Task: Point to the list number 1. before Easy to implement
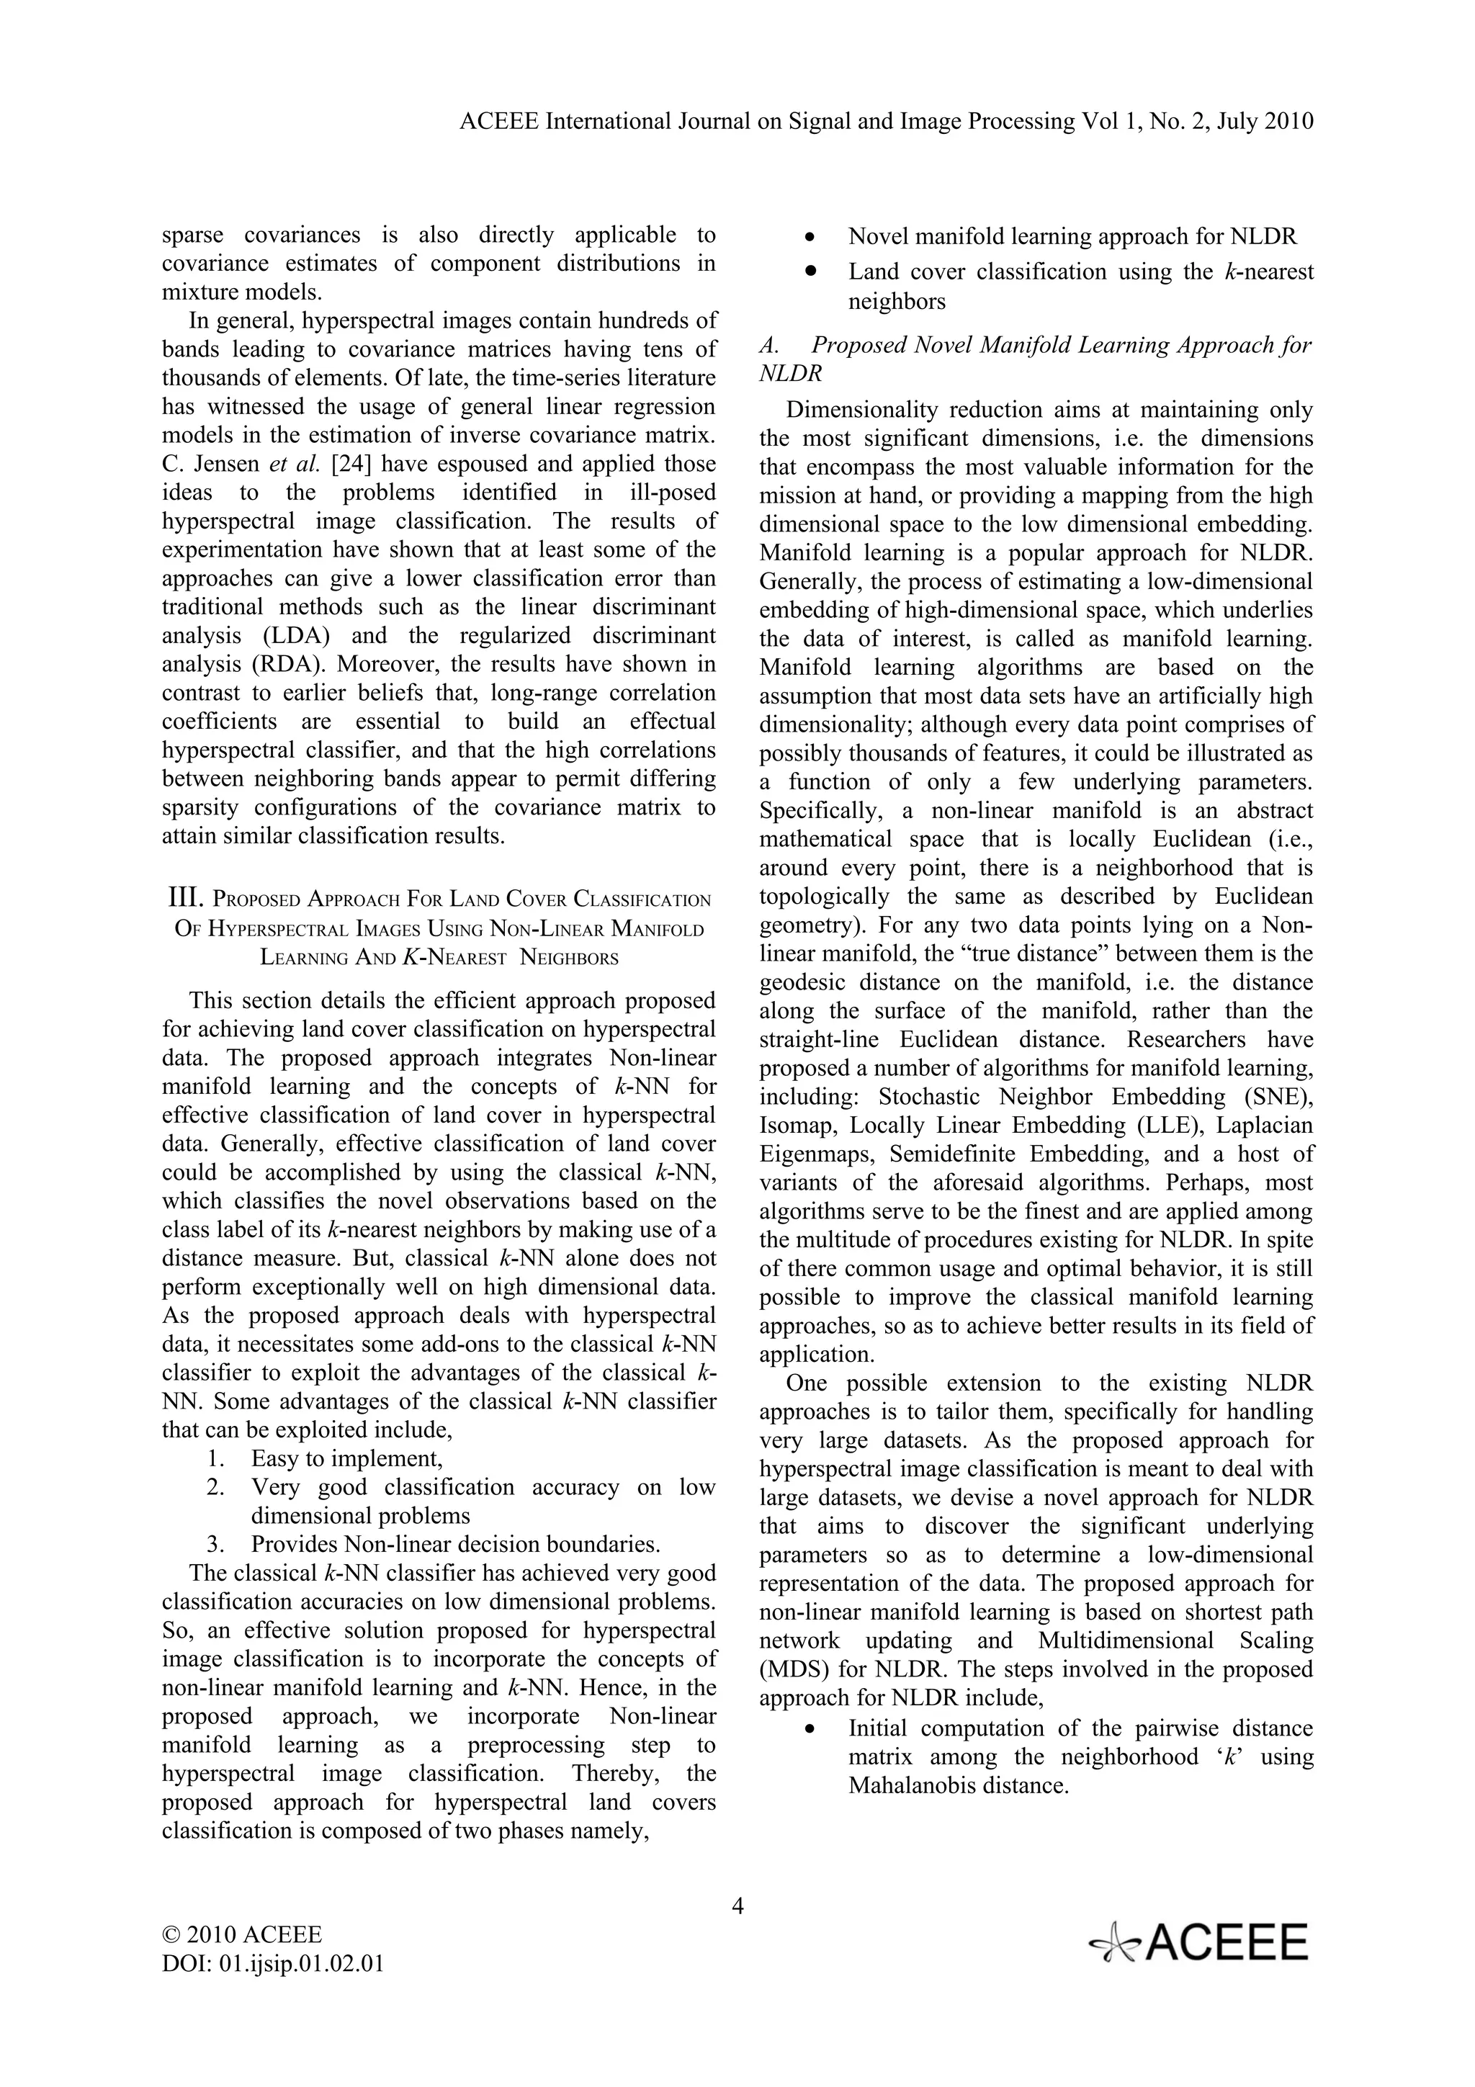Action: (215, 1459)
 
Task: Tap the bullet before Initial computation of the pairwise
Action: (809, 1730)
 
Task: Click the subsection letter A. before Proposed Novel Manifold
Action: (769, 346)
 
